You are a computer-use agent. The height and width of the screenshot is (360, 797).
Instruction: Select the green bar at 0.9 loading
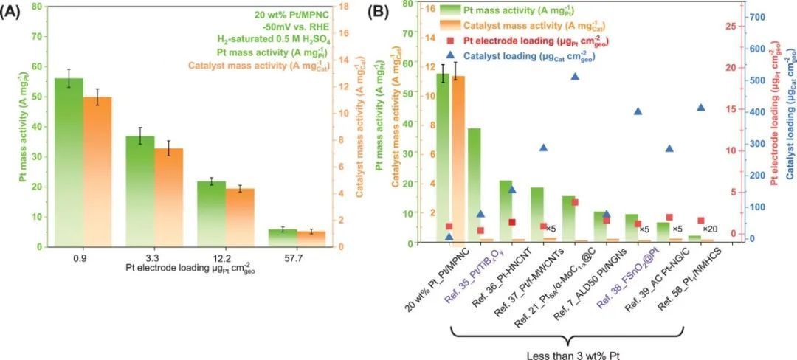tap(69, 162)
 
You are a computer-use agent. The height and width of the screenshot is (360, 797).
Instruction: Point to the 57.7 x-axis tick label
tap(297, 258)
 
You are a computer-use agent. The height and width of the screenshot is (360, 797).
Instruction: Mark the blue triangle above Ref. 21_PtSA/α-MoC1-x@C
tap(575, 75)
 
